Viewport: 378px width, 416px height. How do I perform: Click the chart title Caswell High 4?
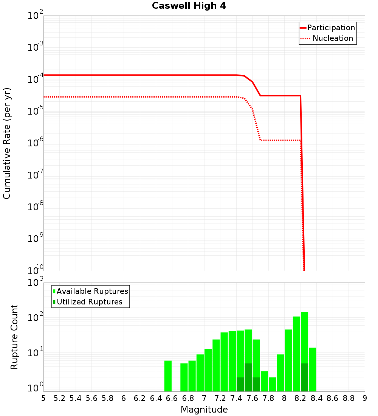click(189, 6)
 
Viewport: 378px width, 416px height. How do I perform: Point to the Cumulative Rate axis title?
click(7, 143)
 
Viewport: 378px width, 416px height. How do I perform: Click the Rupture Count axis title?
click(14, 337)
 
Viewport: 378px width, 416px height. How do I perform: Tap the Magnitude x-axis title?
click(204, 410)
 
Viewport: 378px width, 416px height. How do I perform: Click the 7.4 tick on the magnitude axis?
click(236, 398)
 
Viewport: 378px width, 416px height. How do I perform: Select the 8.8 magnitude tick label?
click(349, 398)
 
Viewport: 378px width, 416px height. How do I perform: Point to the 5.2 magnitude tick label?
click(60, 398)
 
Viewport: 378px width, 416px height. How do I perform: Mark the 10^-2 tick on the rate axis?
click(36, 16)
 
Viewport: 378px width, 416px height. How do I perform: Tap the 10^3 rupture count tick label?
click(36, 283)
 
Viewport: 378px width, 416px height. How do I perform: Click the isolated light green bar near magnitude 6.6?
click(168, 376)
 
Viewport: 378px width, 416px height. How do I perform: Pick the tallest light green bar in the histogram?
click(305, 352)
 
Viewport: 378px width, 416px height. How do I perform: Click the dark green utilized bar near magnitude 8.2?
click(305, 377)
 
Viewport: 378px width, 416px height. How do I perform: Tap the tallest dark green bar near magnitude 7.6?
click(248, 377)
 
